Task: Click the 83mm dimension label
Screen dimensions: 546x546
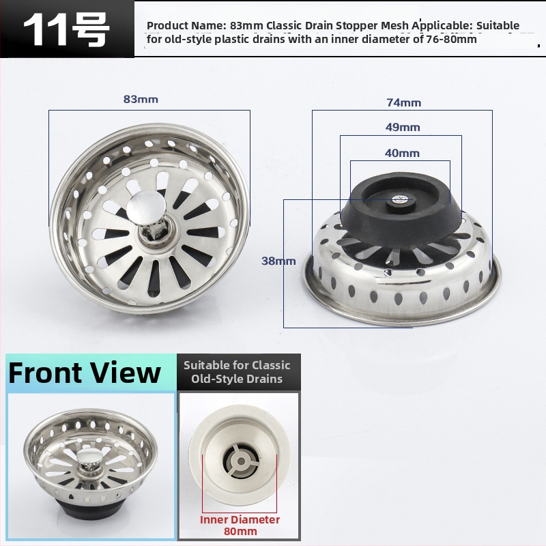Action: click(x=141, y=99)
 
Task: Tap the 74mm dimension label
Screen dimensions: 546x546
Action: click(x=403, y=103)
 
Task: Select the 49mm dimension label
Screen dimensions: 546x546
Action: click(x=403, y=127)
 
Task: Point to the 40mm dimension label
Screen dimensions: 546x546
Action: click(x=402, y=153)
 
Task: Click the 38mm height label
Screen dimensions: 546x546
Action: click(x=278, y=261)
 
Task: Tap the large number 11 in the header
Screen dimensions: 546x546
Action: click(x=46, y=30)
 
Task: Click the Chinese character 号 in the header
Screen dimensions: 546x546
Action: click(x=90, y=30)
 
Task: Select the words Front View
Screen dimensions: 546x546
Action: click(x=84, y=373)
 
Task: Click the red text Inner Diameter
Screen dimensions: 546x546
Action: click(x=240, y=519)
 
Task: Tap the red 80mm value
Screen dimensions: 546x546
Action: click(x=240, y=532)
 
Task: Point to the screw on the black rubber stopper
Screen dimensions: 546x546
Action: click(x=400, y=199)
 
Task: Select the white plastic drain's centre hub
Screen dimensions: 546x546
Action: click(x=241, y=461)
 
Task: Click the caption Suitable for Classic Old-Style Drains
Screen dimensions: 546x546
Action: click(x=237, y=372)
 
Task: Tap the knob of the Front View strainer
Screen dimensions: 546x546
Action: click(x=88, y=456)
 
